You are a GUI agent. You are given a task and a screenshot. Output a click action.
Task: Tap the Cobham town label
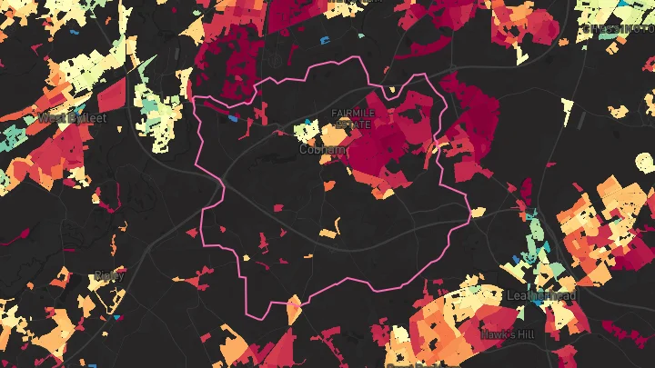pos(323,149)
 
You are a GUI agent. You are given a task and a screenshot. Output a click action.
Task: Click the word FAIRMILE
pos(350,113)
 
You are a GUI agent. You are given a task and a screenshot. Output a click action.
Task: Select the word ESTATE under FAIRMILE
pos(350,123)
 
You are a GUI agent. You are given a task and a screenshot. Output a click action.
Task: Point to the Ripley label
pos(109,274)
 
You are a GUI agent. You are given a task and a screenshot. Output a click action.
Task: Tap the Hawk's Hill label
pos(508,334)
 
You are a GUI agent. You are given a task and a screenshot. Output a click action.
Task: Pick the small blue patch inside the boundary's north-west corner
pos(232,117)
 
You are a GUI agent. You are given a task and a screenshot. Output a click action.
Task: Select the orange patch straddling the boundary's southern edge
pos(293,308)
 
